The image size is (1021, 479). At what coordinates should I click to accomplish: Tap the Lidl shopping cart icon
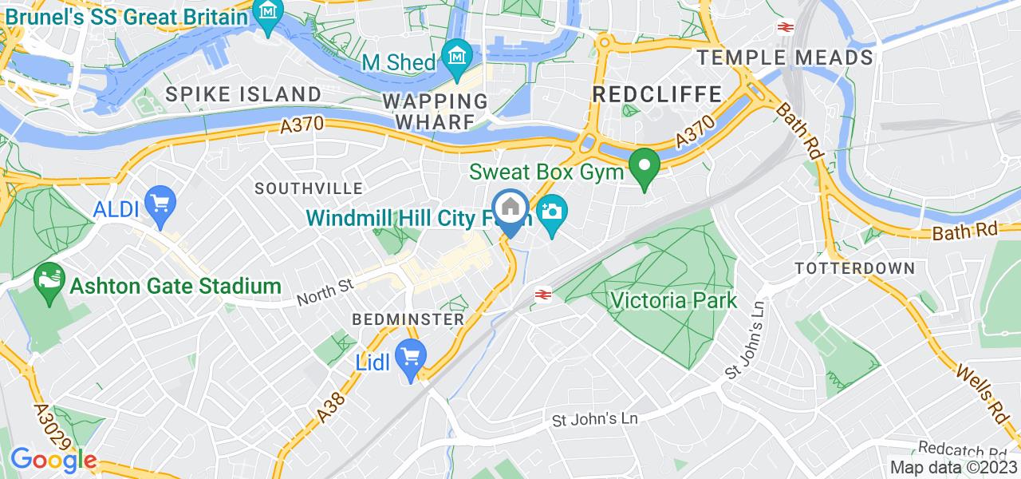(x=412, y=359)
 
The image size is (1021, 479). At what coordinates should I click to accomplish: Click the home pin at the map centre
(x=510, y=208)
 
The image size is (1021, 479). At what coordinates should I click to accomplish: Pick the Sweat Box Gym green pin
(x=644, y=168)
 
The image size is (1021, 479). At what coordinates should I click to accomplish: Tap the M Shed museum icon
(x=459, y=57)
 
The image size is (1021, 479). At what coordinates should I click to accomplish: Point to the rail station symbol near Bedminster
(x=543, y=295)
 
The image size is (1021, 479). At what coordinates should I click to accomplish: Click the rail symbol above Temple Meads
(x=784, y=26)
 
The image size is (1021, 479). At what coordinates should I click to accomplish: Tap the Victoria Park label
(x=674, y=300)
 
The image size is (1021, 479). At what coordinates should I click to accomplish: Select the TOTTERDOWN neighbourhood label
(x=854, y=268)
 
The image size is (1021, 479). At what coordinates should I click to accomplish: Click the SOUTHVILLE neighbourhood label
(x=308, y=188)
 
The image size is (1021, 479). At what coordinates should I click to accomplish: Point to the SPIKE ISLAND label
(x=243, y=94)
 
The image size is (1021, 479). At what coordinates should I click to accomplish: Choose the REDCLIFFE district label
(x=657, y=94)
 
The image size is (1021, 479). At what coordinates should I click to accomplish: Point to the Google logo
(x=53, y=461)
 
